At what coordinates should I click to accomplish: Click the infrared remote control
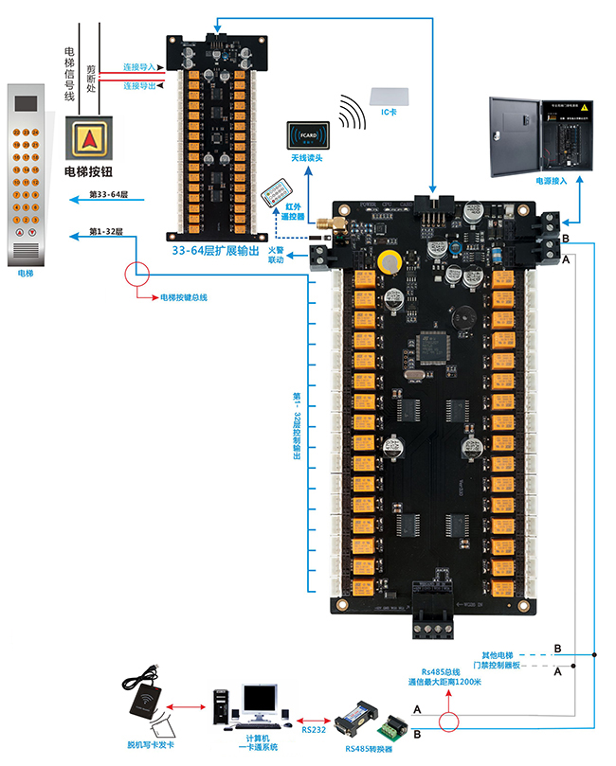point(275,186)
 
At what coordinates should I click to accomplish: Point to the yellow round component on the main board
point(388,265)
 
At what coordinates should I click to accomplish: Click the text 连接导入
point(139,67)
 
